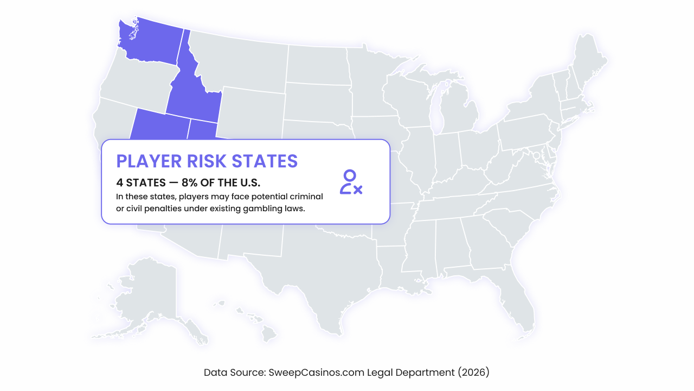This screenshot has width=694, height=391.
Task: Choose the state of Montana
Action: [x=239, y=60]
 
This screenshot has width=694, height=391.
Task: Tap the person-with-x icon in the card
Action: [x=350, y=182]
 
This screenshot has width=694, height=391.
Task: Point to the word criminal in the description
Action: [x=305, y=196]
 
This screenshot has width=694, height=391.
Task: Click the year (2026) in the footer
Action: [x=473, y=373]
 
